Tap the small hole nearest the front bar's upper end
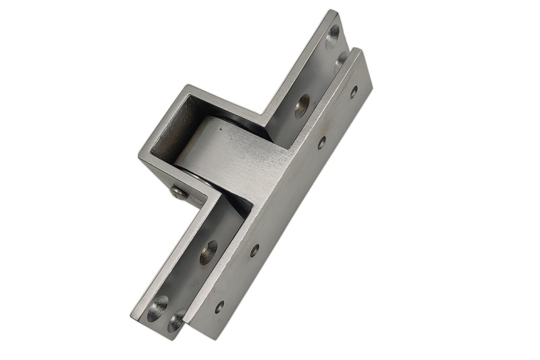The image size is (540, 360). coord(353,91)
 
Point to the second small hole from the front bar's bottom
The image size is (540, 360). coord(254,250)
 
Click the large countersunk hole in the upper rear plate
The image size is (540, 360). coord(302,105)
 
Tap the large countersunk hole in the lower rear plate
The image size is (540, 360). coord(209,252)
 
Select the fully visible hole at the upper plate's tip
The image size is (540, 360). coord(332,33)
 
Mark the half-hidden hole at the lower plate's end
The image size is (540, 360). coord(176,321)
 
